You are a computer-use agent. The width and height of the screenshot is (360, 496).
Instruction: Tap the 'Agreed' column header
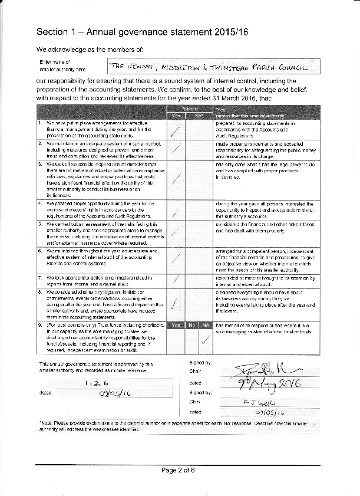click(189, 109)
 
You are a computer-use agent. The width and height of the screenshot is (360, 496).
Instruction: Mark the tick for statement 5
click(175, 234)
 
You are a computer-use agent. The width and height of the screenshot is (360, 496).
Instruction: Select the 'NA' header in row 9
click(204, 325)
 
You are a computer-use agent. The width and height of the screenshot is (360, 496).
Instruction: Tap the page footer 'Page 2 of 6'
click(180, 470)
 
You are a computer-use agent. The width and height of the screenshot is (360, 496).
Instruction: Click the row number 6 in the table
click(39, 251)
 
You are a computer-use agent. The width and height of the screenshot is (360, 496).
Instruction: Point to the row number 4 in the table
click(39, 203)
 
